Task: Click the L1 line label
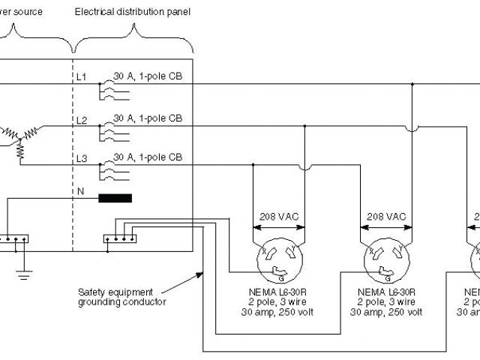(82, 77)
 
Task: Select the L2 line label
(82, 120)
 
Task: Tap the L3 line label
(82, 160)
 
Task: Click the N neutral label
(80, 192)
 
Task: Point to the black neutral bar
(114, 199)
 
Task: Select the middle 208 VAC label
(386, 216)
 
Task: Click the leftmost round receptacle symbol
(278, 259)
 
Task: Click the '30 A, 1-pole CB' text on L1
(148, 76)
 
